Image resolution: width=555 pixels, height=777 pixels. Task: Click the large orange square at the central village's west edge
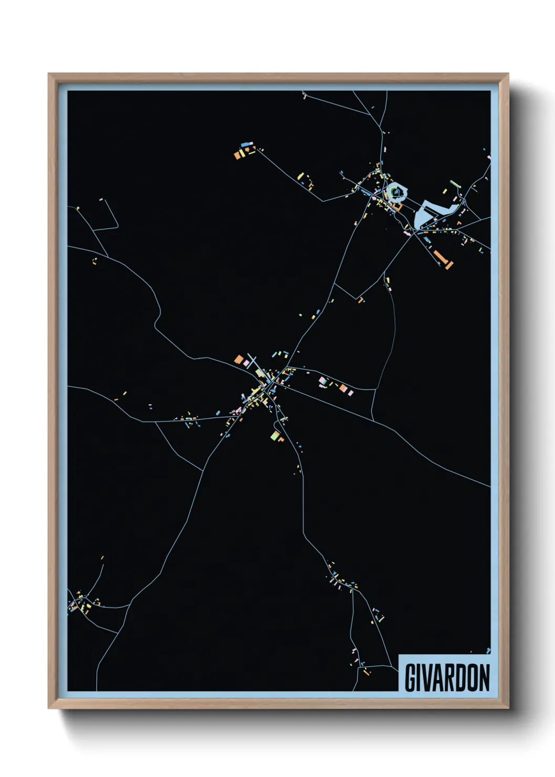pyautogui.click(x=239, y=360)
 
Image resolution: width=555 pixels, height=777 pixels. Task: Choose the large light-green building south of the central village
pyautogui.click(x=274, y=435)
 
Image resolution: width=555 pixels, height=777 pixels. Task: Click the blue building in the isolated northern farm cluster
pyautogui.click(x=244, y=144)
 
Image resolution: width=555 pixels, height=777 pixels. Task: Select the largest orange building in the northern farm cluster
pyautogui.click(x=237, y=155)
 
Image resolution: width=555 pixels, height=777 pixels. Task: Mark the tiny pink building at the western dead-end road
pyautogui.click(x=100, y=199)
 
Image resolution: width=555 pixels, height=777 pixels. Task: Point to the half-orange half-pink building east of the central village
pyautogui.click(x=343, y=388)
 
